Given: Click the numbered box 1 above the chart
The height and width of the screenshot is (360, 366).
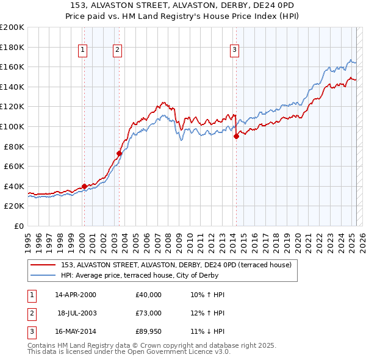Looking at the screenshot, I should (82, 51).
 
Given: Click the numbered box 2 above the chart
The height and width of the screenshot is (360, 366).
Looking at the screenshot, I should (117, 51).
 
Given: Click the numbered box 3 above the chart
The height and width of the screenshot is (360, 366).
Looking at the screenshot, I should (234, 51).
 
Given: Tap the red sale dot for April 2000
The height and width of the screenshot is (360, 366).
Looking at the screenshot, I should (84, 186).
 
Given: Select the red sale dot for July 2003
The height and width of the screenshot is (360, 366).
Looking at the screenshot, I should (119, 153).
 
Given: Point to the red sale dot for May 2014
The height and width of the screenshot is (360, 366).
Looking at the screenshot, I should (236, 137).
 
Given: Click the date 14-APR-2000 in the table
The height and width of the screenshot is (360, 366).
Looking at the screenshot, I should (75, 295).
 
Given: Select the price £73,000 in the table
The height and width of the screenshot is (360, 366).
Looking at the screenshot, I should (149, 313).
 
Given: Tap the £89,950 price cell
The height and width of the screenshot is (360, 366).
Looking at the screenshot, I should (149, 332).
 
